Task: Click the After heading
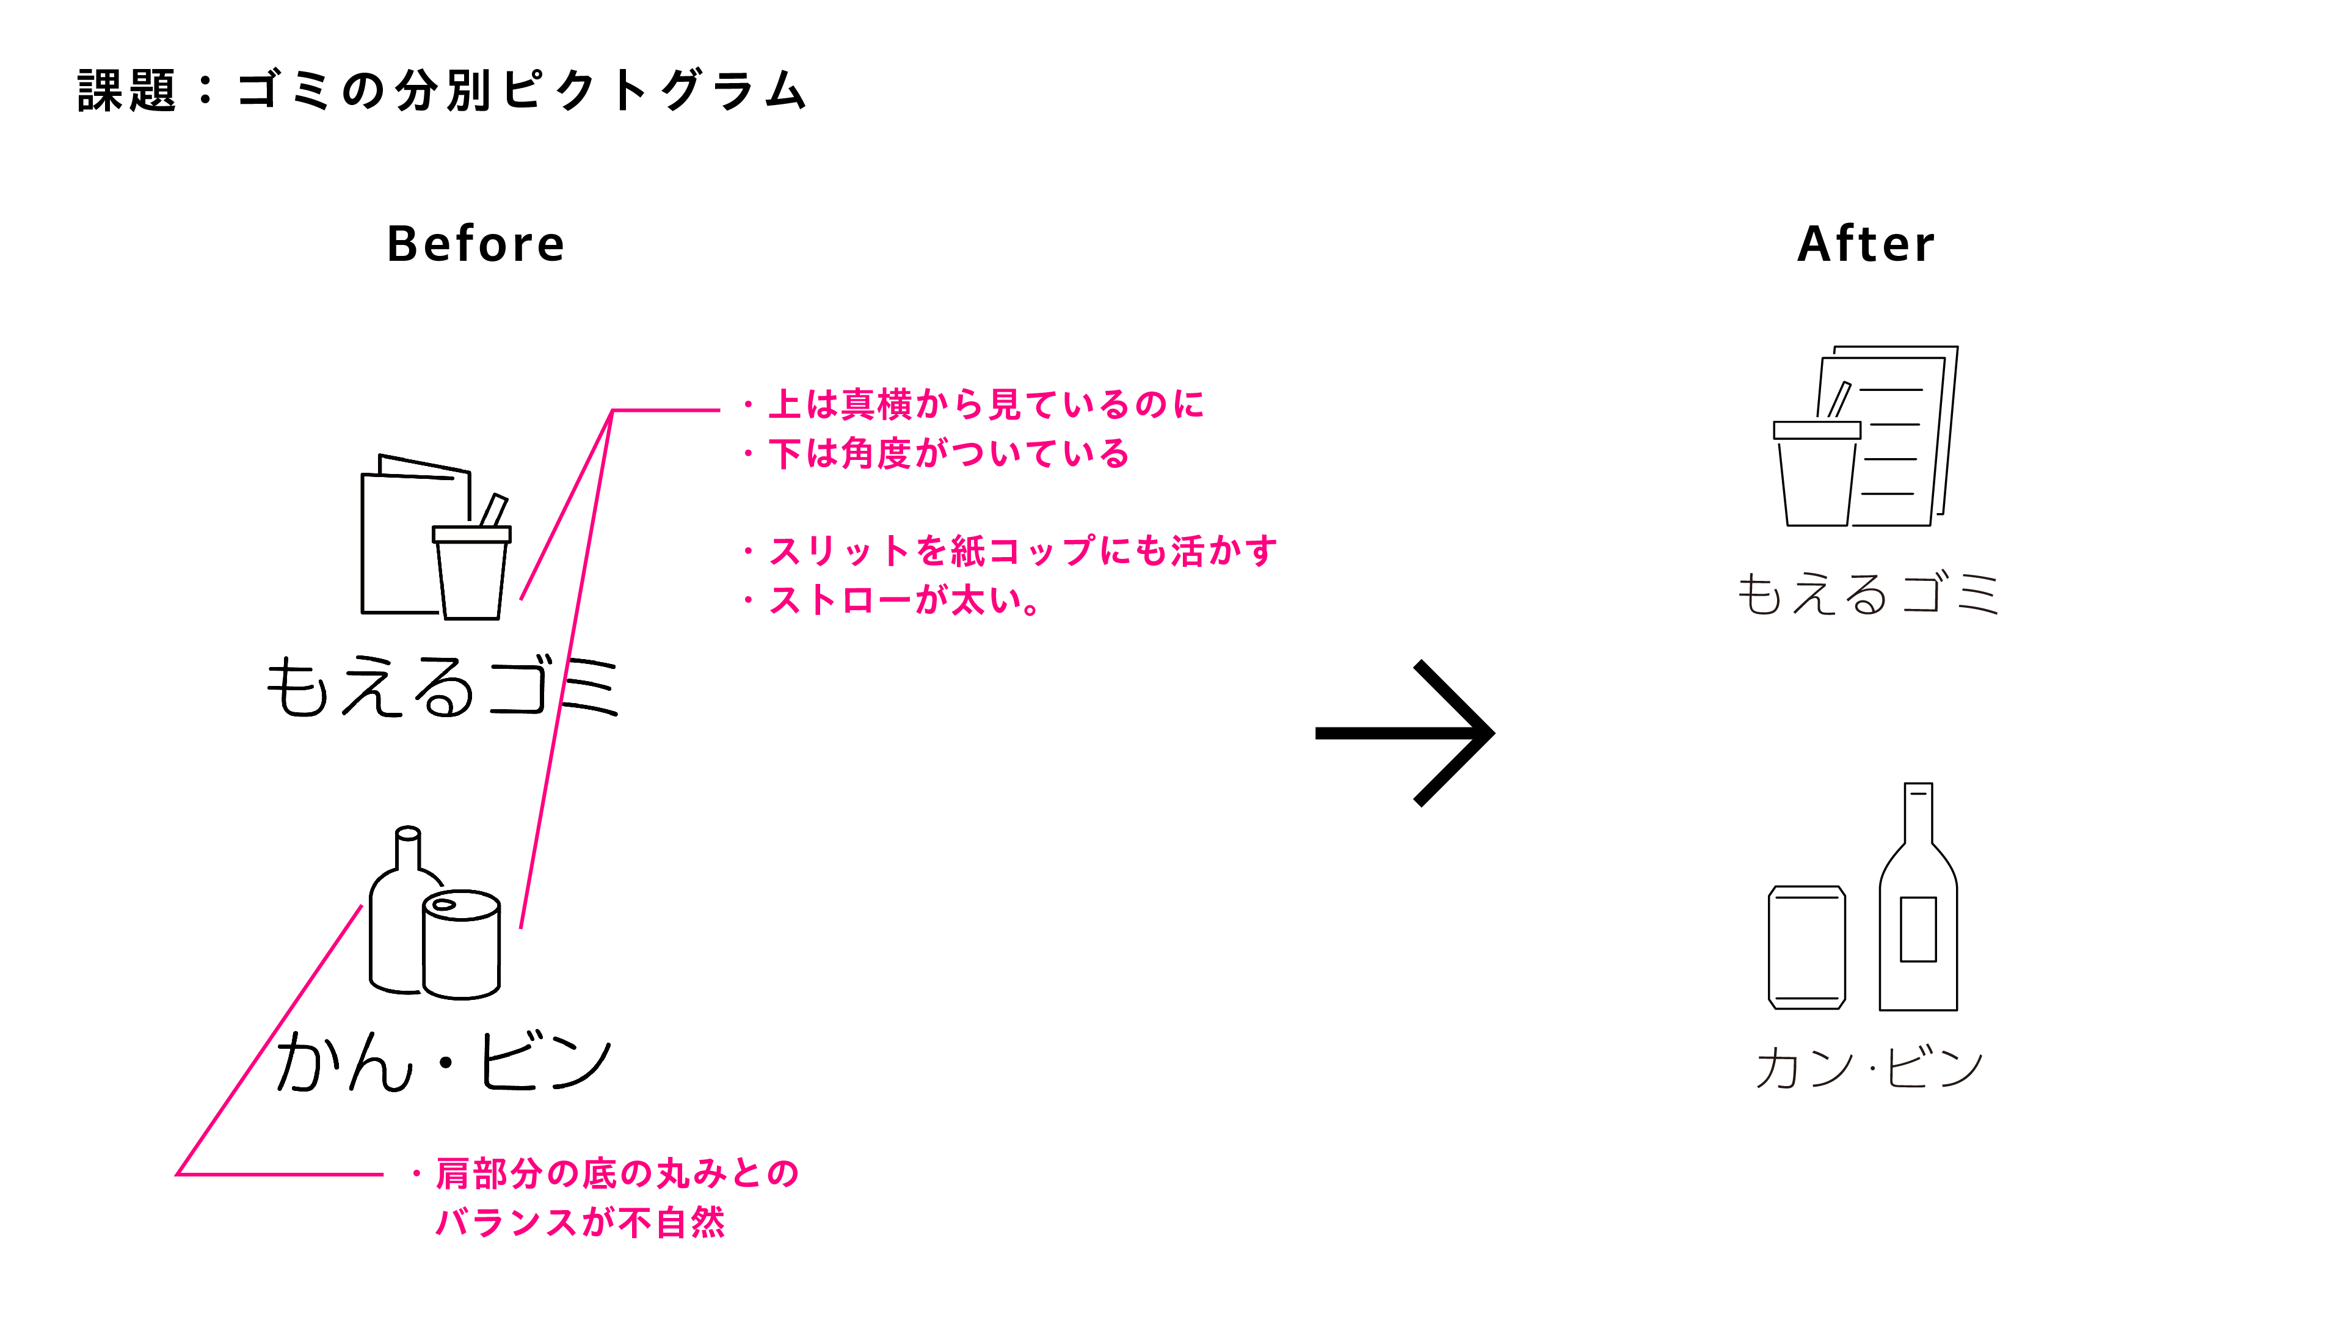point(1866,244)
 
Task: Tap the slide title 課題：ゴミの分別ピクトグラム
point(442,91)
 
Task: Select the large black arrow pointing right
point(1405,733)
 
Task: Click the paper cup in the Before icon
point(471,572)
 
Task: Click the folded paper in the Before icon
point(414,534)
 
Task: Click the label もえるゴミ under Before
point(442,687)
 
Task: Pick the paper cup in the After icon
point(1817,473)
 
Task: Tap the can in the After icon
point(1807,947)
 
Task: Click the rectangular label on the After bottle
point(1918,928)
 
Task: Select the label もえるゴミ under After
point(1868,594)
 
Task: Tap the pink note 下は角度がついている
point(948,453)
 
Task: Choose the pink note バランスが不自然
point(580,1222)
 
